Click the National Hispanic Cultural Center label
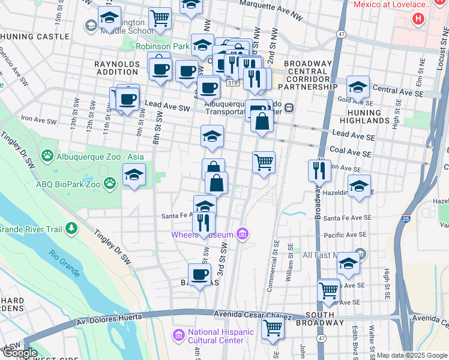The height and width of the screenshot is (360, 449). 216,336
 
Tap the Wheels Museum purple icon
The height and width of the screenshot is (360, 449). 243,233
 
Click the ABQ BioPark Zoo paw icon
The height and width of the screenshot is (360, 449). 109,182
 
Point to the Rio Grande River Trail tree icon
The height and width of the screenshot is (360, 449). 71,228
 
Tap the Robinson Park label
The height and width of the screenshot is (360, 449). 161,46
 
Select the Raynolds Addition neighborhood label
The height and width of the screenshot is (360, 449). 116,67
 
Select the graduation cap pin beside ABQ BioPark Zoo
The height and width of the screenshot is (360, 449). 134,175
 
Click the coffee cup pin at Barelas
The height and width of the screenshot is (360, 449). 199,274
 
